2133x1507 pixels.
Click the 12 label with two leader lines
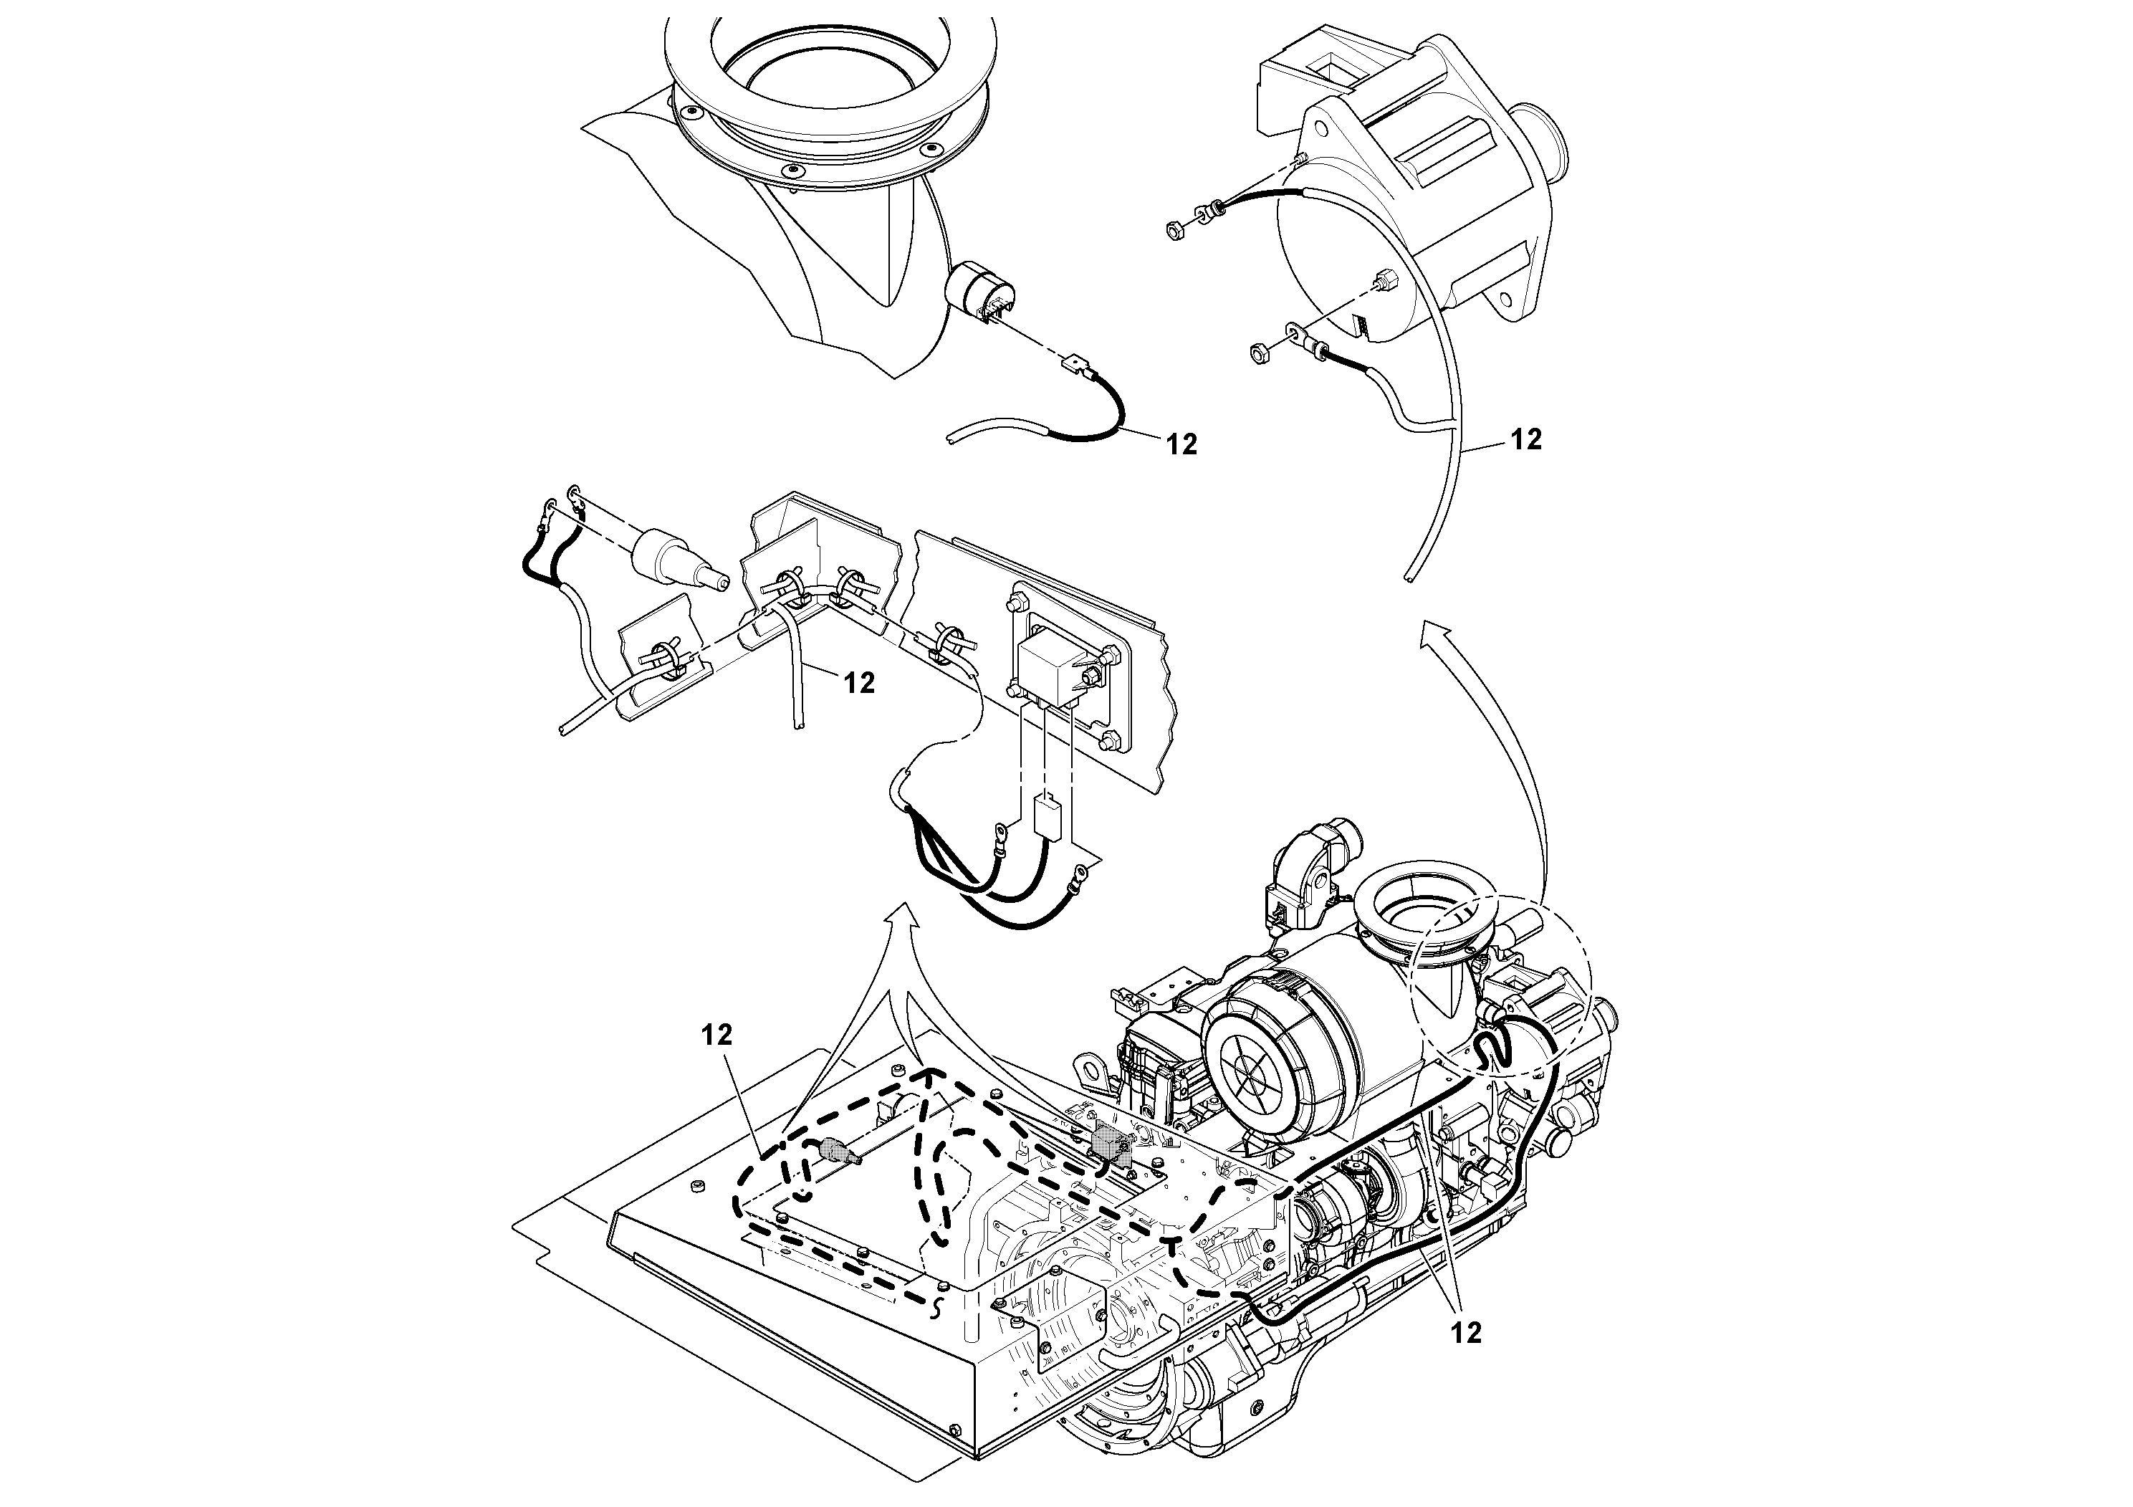coord(1466,1332)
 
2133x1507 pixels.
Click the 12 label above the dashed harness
coord(717,1034)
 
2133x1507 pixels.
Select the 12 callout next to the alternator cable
coord(1526,439)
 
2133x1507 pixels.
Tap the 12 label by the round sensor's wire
coord(1181,445)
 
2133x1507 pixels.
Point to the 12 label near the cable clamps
coord(859,683)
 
